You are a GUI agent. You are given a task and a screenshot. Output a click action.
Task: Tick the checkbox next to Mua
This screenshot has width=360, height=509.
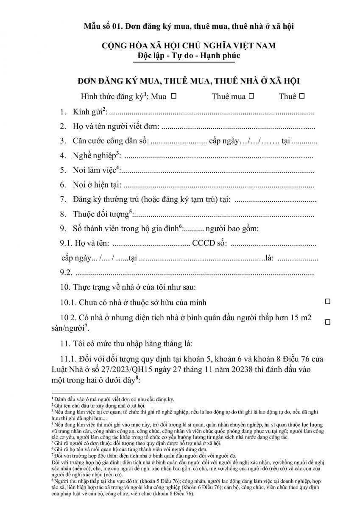tap(173, 96)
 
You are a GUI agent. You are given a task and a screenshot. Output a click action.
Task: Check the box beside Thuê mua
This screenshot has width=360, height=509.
tap(251, 96)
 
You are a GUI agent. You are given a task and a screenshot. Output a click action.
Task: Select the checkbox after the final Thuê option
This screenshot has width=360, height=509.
tap(302, 96)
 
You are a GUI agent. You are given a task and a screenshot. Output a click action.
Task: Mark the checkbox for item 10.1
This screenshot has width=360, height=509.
tap(327, 301)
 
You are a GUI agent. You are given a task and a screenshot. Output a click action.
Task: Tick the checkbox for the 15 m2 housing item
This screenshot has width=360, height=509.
tap(327, 322)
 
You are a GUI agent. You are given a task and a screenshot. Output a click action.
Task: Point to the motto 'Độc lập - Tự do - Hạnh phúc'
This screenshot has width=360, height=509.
tap(183, 56)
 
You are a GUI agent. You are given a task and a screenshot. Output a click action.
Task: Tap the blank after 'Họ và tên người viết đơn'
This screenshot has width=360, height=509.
tap(237, 127)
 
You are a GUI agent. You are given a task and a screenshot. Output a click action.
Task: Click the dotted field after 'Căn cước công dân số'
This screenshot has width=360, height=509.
tap(178, 141)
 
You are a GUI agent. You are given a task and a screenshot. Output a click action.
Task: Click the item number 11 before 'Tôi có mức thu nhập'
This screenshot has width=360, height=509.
tap(65, 343)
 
